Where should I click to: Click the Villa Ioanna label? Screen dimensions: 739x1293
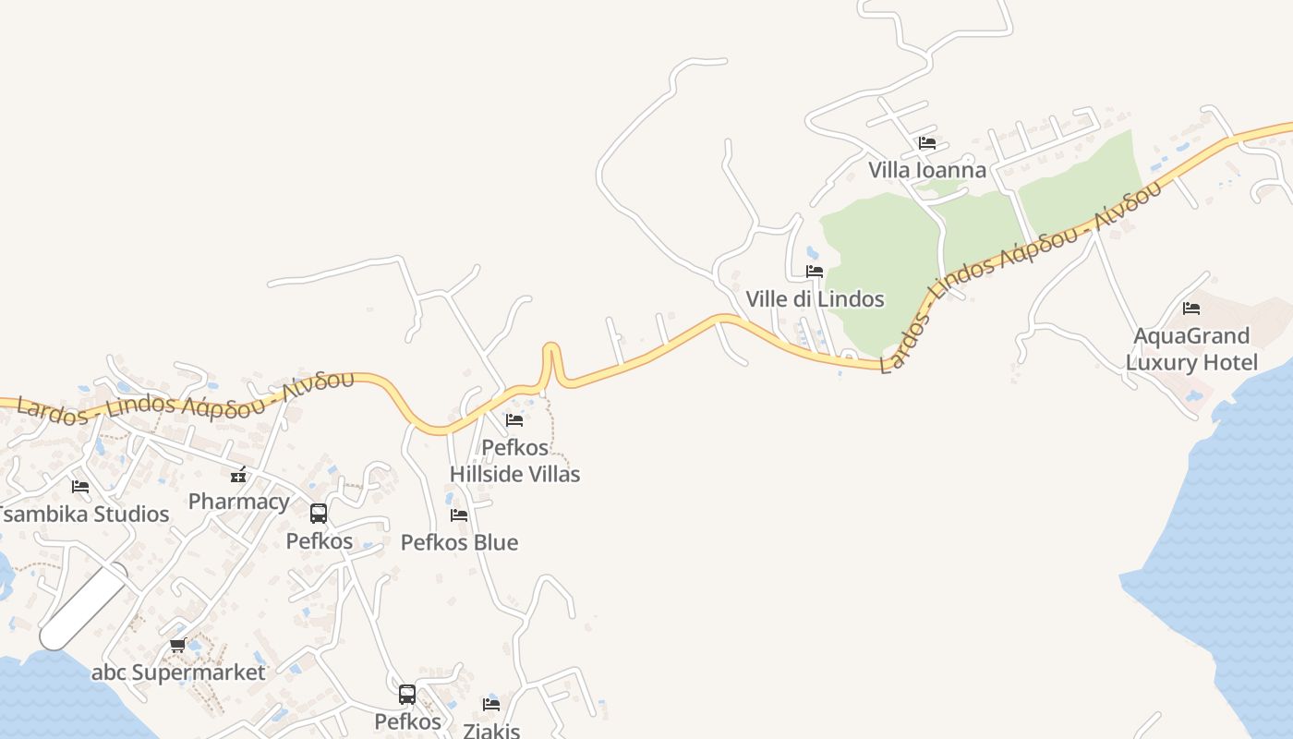coord(926,170)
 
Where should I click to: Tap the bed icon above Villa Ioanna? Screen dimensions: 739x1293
coord(927,143)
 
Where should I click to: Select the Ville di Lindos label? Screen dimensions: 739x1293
coord(815,298)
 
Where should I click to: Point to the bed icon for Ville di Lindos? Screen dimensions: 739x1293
coord(815,272)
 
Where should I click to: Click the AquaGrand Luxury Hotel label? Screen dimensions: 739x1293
coord(1191,348)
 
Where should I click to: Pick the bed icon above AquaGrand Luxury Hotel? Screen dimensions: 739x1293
coord(1191,309)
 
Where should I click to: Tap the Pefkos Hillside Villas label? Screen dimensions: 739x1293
coord(514,460)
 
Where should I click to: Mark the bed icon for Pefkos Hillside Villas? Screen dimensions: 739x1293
coord(514,420)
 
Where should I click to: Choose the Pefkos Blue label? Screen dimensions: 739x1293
coord(459,542)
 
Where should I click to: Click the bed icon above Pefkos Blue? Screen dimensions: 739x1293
coord(459,515)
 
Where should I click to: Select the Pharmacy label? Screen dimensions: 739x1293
coord(238,502)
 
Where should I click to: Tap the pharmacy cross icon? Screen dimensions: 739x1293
coord(238,476)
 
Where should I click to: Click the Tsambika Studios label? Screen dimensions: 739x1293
coord(85,514)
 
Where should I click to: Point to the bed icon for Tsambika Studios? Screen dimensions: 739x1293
coord(80,486)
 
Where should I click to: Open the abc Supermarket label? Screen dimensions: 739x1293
coord(178,672)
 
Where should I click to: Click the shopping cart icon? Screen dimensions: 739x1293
coord(178,646)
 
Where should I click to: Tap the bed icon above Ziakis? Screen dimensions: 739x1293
coord(491,705)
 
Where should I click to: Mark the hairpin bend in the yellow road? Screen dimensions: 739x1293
coord(551,352)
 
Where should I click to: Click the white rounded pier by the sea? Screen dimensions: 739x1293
coord(84,607)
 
